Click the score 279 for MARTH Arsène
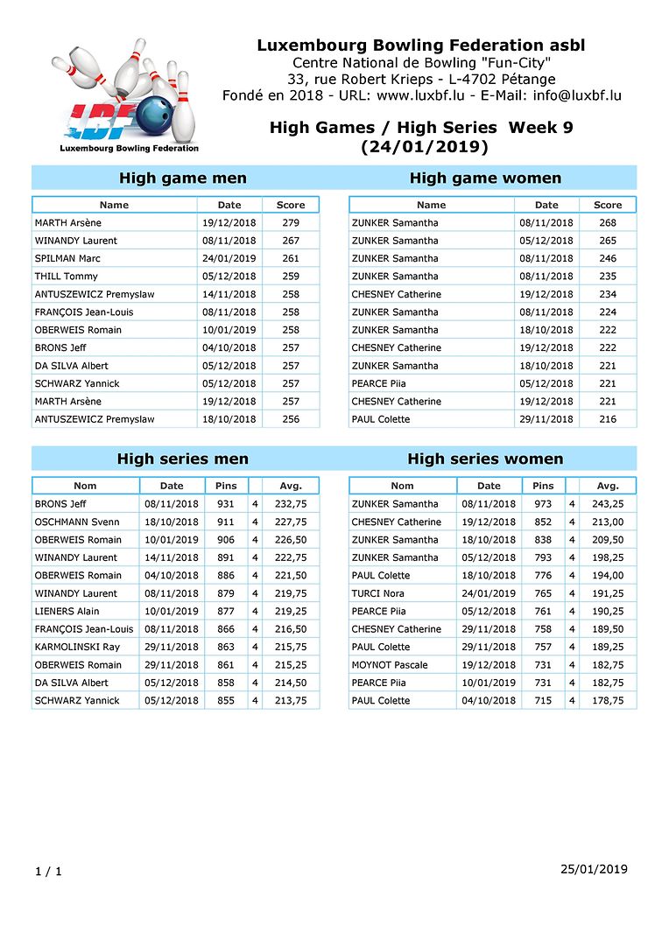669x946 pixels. click(291, 222)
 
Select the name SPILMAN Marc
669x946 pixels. click(67, 258)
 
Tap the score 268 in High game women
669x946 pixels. click(608, 222)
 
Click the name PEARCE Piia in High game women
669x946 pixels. click(378, 383)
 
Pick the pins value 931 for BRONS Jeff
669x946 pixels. click(226, 504)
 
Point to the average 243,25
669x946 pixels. click(608, 504)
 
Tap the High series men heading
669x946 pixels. click(183, 459)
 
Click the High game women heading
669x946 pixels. click(485, 179)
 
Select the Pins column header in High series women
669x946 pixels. click(543, 486)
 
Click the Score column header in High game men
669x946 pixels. click(291, 205)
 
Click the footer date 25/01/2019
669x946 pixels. click(594, 869)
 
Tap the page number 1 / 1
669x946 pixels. click(48, 872)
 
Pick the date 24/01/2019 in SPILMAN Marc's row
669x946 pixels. click(229, 258)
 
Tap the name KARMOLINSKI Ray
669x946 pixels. click(77, 647)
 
